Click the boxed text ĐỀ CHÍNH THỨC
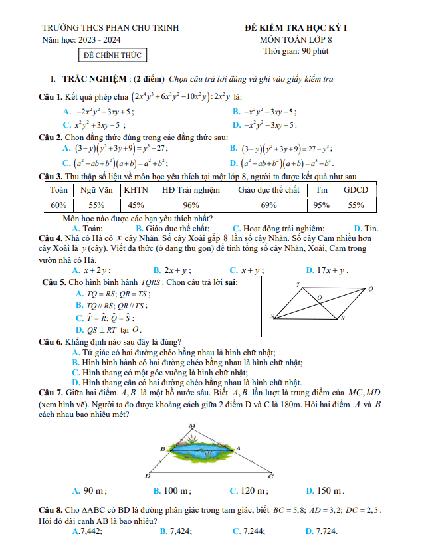coord(108,55)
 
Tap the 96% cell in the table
coord(191,205)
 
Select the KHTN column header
coord(136,189)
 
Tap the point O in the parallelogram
coord(320,298)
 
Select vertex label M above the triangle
coord(193,425)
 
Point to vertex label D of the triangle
coord(148,476)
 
